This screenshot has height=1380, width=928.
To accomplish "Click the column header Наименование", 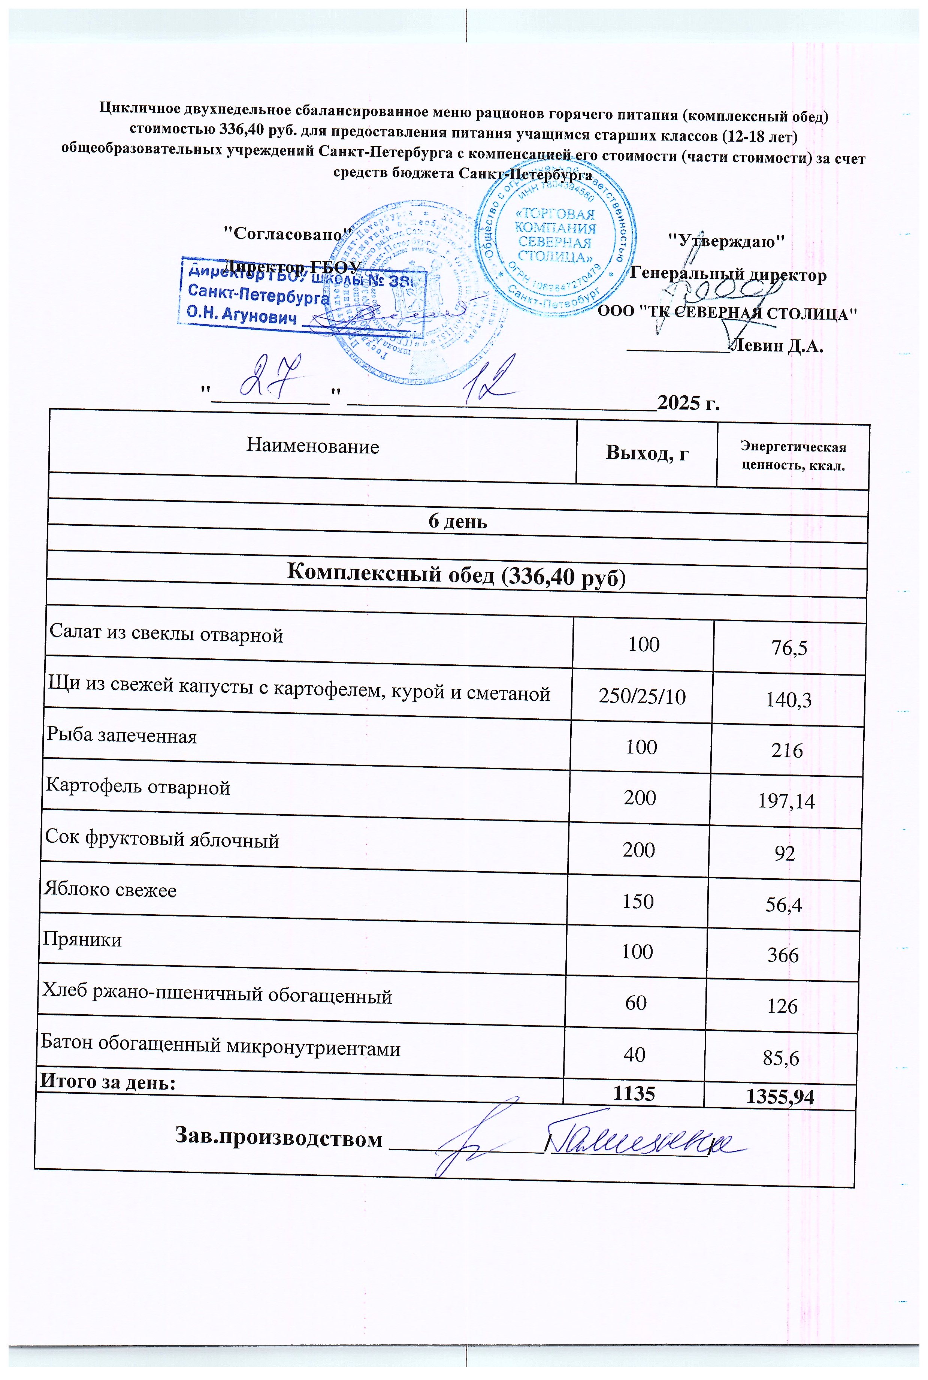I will (x=312, y=446).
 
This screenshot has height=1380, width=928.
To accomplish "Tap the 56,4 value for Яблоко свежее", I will (x=784, y=904).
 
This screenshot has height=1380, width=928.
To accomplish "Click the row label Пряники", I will (x=82, y=940).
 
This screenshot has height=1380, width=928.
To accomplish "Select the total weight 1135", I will (x=634, y=1093).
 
